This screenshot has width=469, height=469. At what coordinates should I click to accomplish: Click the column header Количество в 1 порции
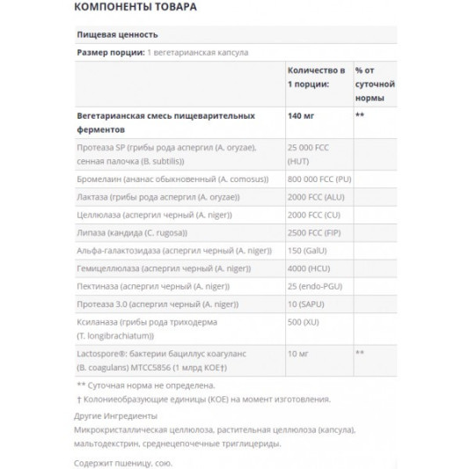click(316, 76)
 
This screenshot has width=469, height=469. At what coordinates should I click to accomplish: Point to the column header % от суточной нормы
click(374, 82)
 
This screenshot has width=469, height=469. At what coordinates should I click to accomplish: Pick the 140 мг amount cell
click(302, 115)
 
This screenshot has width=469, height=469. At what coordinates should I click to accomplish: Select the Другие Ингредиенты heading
click(117, 415)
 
